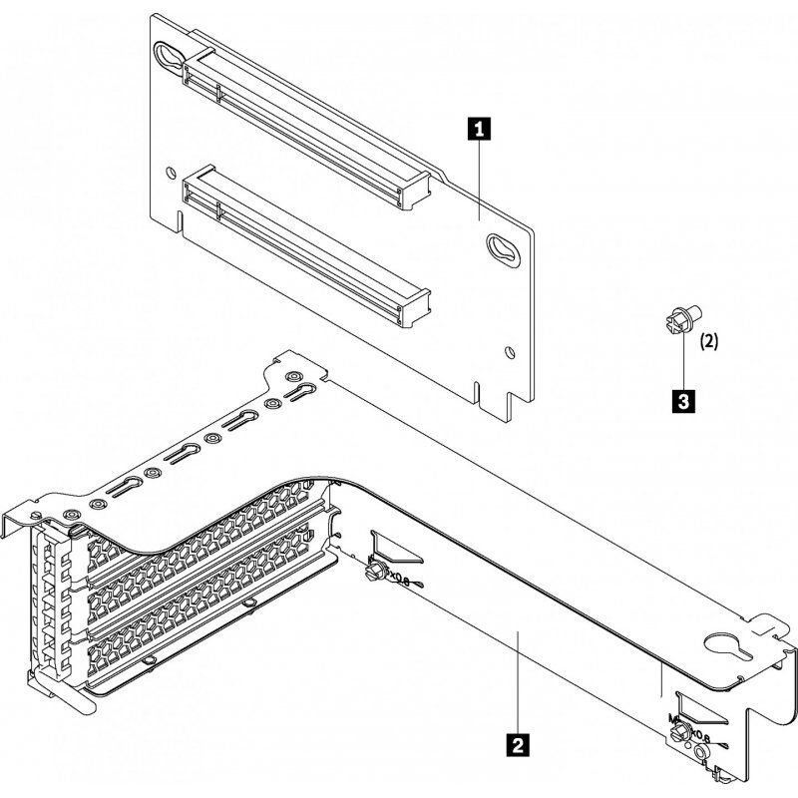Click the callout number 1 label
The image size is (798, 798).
tap(480, 128)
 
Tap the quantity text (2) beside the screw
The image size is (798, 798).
tap(708, 340)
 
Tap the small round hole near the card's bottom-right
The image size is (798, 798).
tap(512, 350)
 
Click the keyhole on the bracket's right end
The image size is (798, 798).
tap(726, 647)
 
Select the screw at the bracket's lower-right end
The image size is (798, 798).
tap(681, 735)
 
